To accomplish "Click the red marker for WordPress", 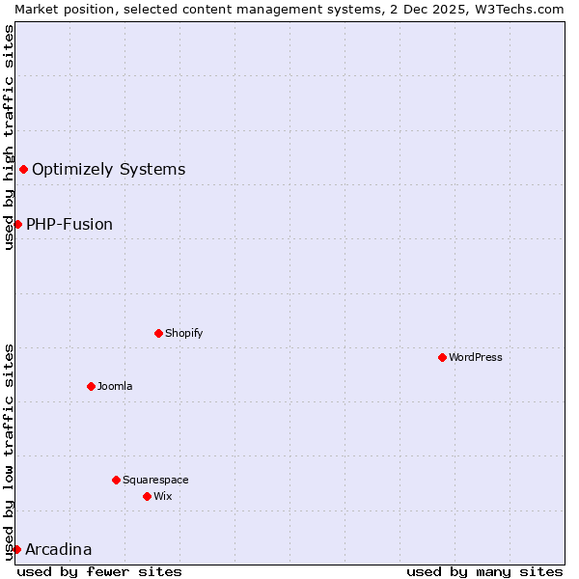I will [442, 357].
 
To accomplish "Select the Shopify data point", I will [158, 333].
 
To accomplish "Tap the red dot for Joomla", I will [91, 386].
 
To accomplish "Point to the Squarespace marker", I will [116, 480].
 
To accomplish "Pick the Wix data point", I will [147, 496].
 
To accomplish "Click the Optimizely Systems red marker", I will [23, 170].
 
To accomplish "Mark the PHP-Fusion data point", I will [17, 224].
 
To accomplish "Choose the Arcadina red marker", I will [16, 549].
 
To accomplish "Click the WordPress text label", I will [476, 357].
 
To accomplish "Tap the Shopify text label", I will [183, 333].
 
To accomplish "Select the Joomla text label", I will [115, 386].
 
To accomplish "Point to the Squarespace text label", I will [155, 480].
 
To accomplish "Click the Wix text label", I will [162, 496].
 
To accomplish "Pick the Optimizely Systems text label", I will [108, 170].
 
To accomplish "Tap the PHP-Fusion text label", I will [69, 224].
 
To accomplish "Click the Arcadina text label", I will [59, 549].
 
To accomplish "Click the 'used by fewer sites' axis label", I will [99, 571].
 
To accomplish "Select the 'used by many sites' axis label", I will [484, 571].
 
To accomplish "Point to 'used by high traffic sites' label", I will [9, 137].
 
